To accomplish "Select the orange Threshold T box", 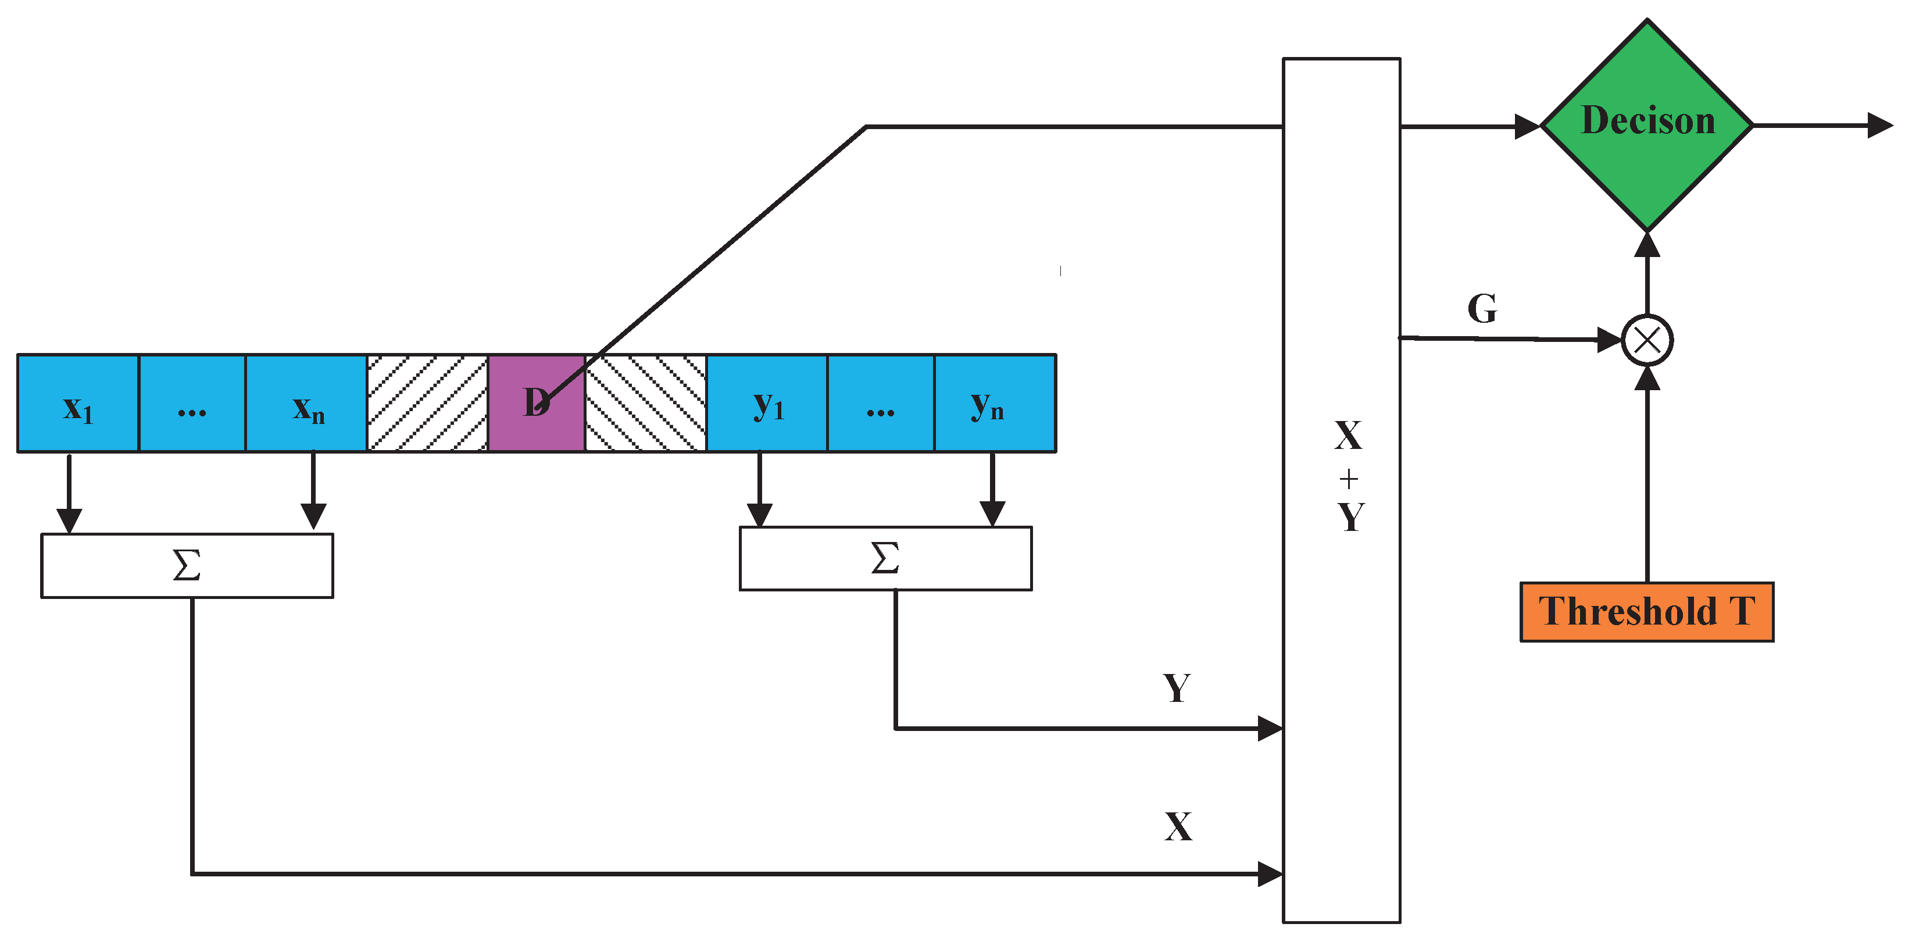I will click(x=1646, y=612).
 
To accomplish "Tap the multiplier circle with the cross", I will click(x=1647, y=341).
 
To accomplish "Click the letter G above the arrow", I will click(x=1482, y=308).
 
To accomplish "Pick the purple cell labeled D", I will click(x=536, y=403).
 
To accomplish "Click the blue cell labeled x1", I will click(x=78, y=403).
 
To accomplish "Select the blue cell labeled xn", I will click(x=306, y=403).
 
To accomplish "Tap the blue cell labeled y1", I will click(x=767, y=403).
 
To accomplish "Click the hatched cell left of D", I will click(x=427, y=403).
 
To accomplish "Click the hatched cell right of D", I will click(x=646, y=403).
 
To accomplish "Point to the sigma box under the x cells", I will click(x=187, y=565).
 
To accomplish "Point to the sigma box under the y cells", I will click(x=885, y=558).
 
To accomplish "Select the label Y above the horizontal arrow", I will click(x=1176, y=688).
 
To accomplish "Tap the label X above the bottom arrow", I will click(x=1178, y=826).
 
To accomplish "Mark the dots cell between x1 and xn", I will click(x=191, y=403).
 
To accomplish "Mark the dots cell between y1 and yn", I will click(x=880, y=403).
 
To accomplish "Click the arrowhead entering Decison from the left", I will click(x=1527, y=127).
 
